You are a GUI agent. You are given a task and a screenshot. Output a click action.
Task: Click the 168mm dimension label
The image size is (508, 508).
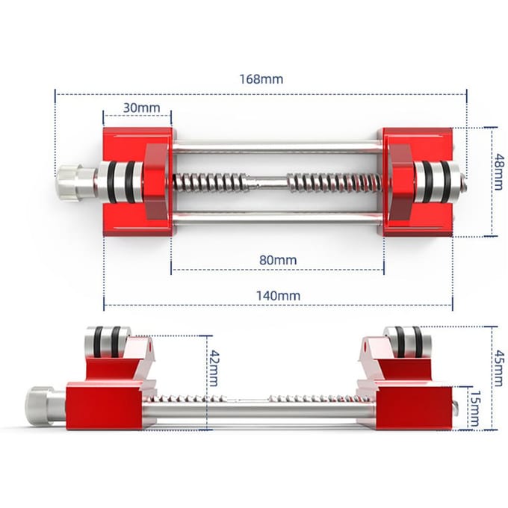click(261, 79)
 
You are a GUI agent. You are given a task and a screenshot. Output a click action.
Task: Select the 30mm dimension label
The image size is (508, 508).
click(142, 108)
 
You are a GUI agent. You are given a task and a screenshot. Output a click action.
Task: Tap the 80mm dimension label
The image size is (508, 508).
click(278, 260)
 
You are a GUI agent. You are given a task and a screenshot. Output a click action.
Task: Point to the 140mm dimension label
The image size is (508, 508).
click(279, 296)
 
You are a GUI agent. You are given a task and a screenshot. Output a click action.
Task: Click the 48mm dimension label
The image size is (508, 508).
click(499, 172)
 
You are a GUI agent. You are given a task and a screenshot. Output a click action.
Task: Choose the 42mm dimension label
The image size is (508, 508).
click(213, 368)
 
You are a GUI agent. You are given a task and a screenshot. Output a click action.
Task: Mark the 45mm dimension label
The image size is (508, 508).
click(498, 368)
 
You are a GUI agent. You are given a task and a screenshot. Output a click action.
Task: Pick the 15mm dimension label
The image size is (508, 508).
click(474, 408)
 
